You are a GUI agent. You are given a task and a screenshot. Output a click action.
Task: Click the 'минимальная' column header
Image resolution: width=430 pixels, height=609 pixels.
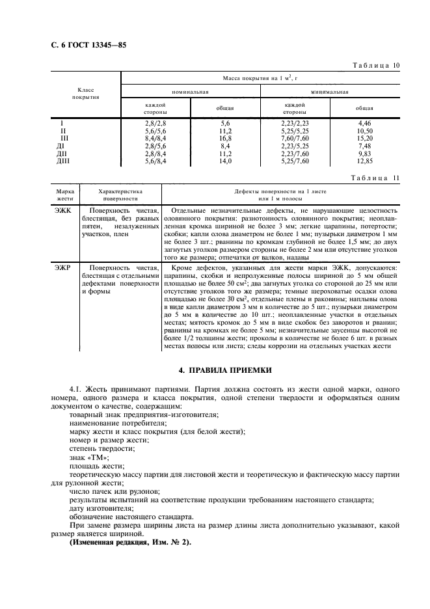click(x=329, y=92)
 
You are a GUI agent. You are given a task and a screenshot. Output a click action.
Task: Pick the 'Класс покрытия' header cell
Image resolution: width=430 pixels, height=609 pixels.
click(x=86, y=93)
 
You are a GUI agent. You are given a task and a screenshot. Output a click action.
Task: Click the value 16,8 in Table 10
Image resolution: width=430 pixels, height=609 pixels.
click(x=225, y=139)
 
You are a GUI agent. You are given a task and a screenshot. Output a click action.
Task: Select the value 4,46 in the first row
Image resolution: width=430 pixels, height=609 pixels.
click(x=364, y=123)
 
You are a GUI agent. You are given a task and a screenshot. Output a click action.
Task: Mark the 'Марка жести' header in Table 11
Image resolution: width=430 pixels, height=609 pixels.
click(x=65, y=195)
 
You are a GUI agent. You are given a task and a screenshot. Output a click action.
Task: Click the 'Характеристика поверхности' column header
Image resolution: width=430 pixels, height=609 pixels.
click(x=120, y=195)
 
